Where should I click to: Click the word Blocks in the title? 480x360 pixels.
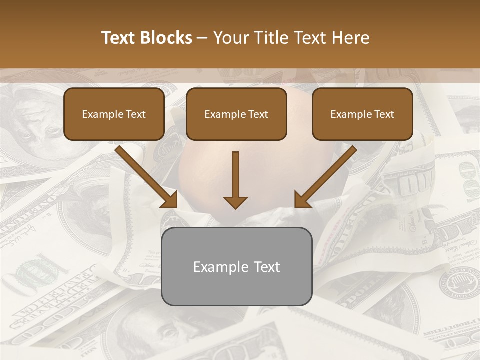point(167,38)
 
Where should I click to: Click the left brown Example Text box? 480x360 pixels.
point(114,114)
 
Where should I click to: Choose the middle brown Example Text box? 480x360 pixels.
point(236,114)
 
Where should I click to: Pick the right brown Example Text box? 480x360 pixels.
point(362,114)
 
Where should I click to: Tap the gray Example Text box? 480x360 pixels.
point(236,267)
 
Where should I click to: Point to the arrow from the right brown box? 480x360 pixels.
point(327,175)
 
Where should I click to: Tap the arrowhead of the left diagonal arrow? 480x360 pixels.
point(170,200)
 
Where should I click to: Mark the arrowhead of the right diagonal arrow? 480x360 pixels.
point(302,200)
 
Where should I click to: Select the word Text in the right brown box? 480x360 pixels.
point(384,114)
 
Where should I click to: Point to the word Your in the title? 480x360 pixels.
point(230,38)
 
